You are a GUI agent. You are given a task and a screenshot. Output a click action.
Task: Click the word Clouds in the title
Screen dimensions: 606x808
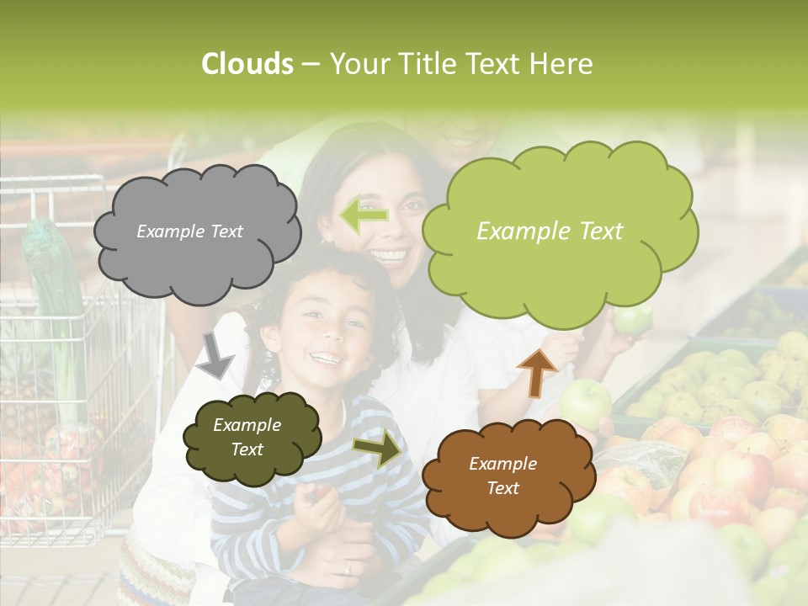point(247,64)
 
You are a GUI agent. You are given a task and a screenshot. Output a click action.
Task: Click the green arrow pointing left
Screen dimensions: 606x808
point(364,215)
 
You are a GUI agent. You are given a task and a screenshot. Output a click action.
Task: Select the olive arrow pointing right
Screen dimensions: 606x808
point(379,448)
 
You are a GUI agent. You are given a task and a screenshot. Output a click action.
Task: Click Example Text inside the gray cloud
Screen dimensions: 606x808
point(190,231)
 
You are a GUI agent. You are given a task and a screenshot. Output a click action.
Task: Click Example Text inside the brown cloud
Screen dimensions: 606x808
point(502,476)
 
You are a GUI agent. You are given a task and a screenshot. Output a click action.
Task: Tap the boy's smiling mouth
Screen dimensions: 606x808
point(324,359)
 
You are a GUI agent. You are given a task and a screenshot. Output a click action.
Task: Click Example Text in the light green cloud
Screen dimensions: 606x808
point(550,231)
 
